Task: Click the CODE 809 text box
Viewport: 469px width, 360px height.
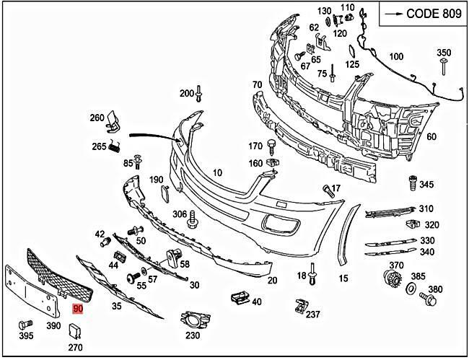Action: coord(422,13)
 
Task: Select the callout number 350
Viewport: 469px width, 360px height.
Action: coord(444,53)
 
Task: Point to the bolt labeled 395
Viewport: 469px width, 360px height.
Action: coord(27,324)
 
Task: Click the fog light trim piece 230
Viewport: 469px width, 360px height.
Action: coord(193,317)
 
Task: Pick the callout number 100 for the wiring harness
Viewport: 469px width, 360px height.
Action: coord(396,56)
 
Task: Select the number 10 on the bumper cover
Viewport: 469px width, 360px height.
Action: coord(217,172)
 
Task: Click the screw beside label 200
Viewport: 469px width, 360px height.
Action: coord(199,93)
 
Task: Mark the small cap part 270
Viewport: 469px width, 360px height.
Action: coord(75,332)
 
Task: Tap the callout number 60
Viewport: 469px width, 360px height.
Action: coord(431,136)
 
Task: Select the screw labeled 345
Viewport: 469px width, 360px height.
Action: coord(413,180)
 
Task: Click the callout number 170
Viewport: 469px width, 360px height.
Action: coord(255,146)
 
